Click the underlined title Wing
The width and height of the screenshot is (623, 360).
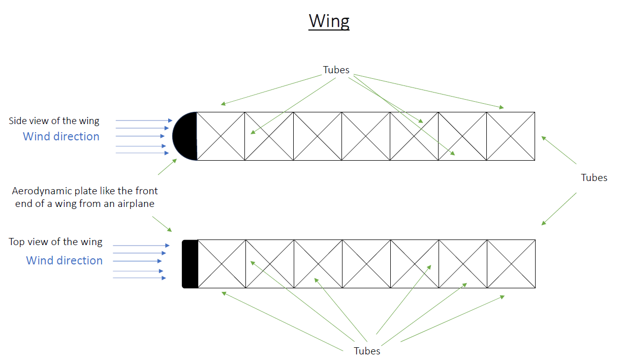[329, 21]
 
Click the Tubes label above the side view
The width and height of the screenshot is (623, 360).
[336, 70]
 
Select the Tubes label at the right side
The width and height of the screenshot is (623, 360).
[594, 177]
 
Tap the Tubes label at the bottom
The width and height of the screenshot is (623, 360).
[367, 351]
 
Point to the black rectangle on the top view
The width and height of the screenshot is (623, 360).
[190, 264]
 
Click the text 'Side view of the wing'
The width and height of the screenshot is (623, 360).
[54, 121]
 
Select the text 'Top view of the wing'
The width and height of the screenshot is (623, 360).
[55, 242]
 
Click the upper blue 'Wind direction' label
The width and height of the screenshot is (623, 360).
[61, 136]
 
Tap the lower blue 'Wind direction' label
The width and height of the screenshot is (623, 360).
[64, 260]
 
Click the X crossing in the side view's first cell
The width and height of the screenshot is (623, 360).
[221, 136]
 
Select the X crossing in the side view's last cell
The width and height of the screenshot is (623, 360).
[511, 136]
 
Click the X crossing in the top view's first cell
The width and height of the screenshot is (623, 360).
[222, 264]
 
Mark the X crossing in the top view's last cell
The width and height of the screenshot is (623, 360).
[511, 264]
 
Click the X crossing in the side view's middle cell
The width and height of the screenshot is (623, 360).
[366, 136]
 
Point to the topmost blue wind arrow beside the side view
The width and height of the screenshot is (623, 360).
[144, 121]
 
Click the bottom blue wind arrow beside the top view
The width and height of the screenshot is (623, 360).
[139, 278]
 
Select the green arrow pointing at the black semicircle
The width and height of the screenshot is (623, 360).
[168, 167]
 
